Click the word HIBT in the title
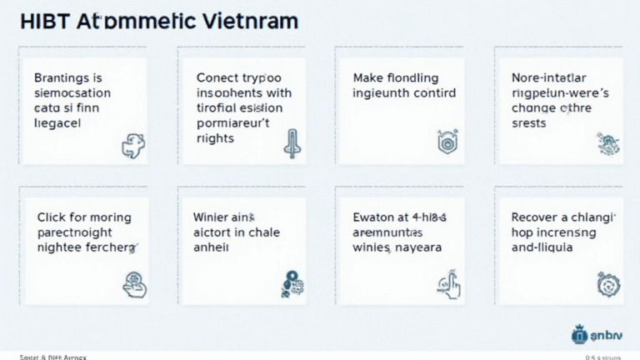[42, 22]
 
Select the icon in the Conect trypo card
[291, 143]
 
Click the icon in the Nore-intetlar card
[607, 143]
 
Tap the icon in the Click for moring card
[133, 284]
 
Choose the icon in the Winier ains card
[292, 283]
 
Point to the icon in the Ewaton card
[449, 283]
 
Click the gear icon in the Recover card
[607, 283]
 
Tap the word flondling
[421, 77]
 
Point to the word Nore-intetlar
[560, 77]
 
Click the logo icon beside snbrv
[580, 335]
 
